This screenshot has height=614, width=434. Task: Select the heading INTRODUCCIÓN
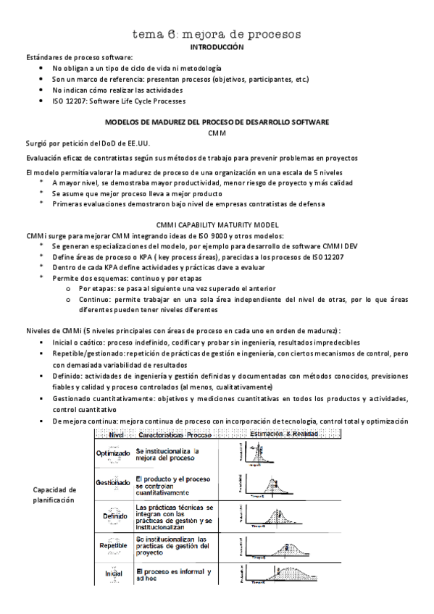click(x=217, y=46)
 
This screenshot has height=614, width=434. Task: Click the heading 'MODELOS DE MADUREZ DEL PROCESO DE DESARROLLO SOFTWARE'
click(x=217, y=122)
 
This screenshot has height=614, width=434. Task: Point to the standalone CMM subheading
click(x=217, y=134)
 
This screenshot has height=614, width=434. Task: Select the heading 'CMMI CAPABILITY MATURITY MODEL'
click(x=217, y=225)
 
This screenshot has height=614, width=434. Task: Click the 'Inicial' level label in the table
click(x=112, y=576)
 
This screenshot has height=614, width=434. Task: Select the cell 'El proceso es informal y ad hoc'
click(x=172, y=576)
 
